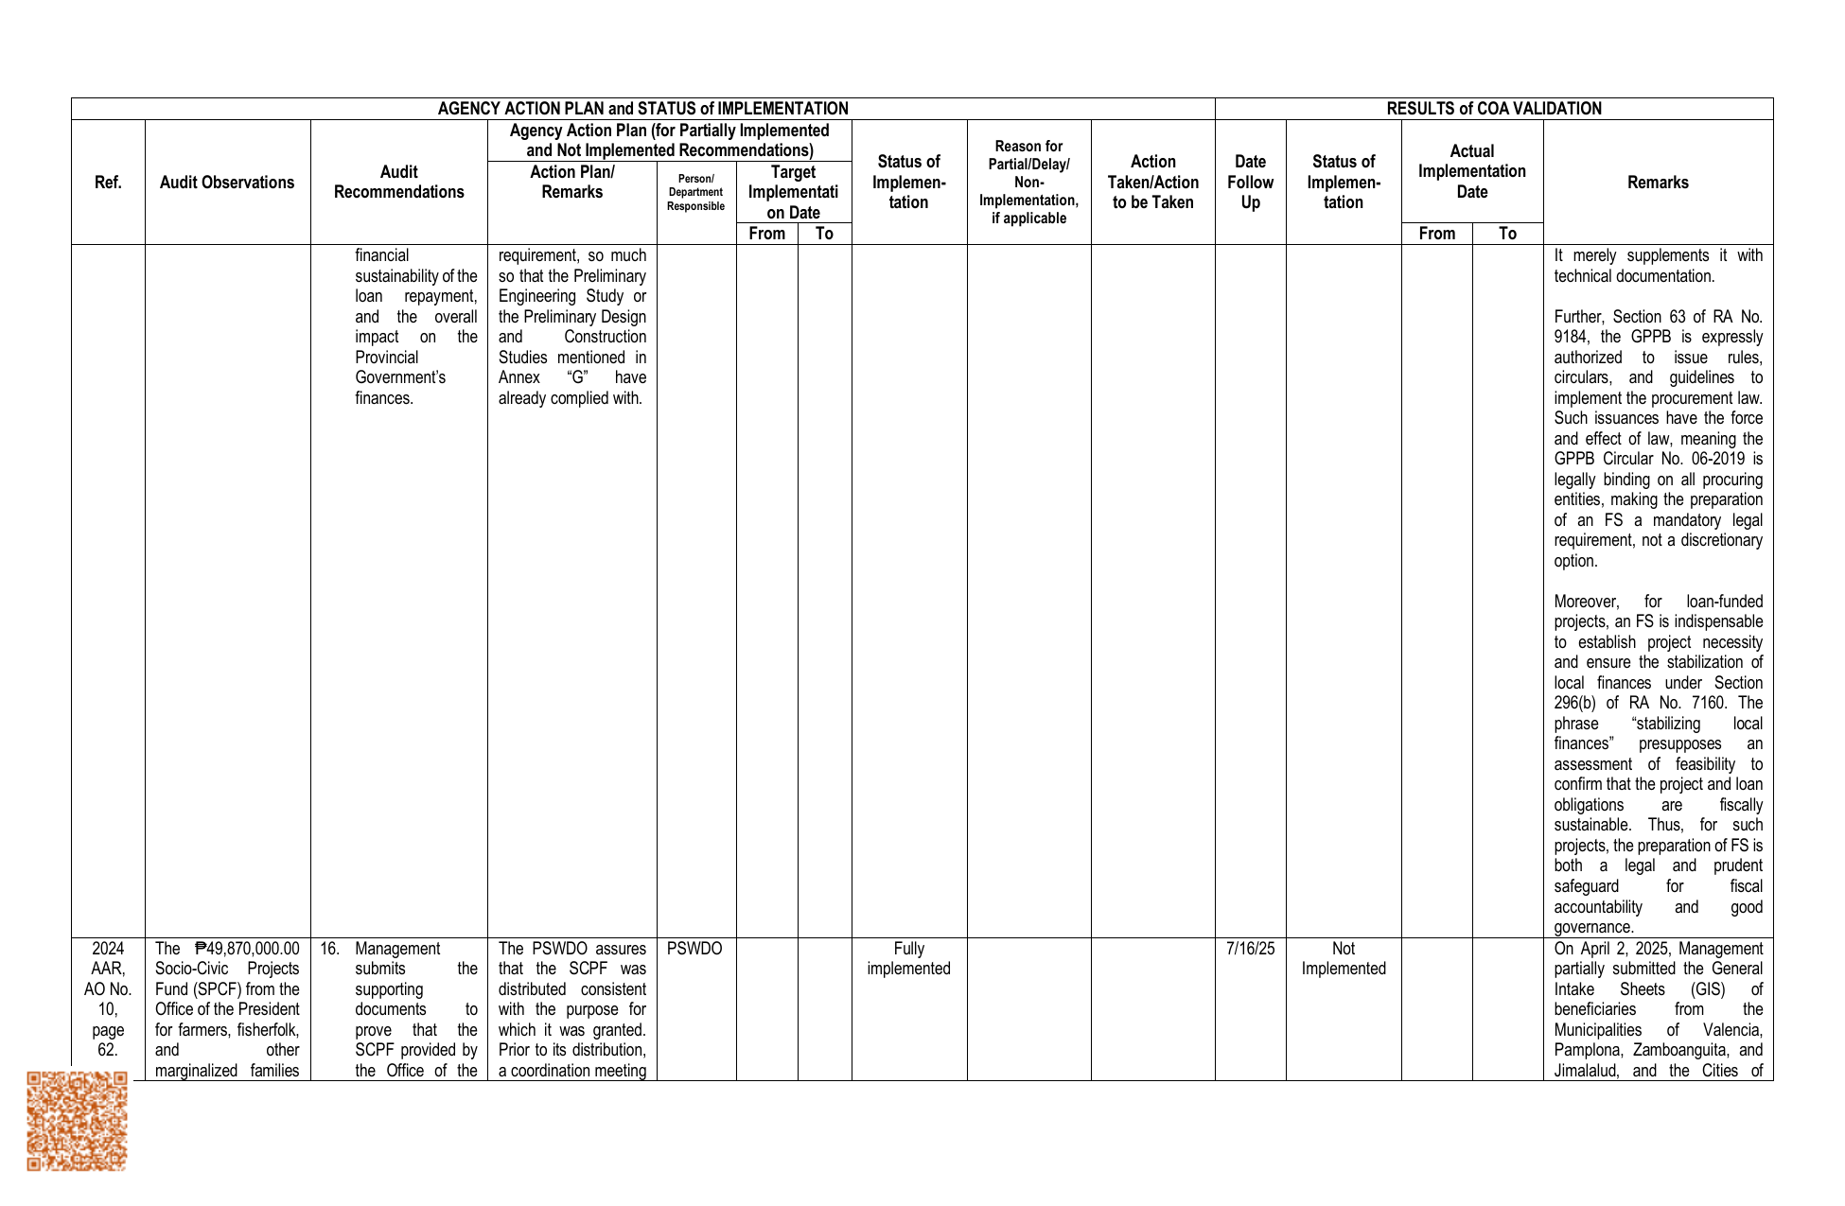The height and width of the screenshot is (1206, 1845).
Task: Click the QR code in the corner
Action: click(x=77, y=1121)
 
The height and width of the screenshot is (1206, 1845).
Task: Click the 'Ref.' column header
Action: click(x=108, y=183)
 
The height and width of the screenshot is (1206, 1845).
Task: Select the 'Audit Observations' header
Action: click(x=227, y=183)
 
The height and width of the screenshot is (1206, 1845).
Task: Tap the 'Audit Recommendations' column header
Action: click(x=398, y=183)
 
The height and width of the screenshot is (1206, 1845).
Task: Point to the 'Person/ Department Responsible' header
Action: click(x=695, y=192)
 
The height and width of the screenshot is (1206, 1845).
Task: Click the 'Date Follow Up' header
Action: click(x=1250, y=183)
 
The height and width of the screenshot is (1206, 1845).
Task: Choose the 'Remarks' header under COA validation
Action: click(x=1658, y=183)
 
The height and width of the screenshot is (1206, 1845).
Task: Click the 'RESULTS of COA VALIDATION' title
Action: click(x=1494, y=109)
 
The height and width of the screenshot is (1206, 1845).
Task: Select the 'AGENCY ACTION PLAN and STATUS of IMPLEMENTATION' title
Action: click(x=642, y=109)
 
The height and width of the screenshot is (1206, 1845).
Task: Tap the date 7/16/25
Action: click(x=1250, y=949)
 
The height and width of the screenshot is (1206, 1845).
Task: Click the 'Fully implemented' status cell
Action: click(x=908, y=958)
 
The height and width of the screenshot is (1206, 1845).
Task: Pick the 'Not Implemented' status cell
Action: click(x=1343, y=958)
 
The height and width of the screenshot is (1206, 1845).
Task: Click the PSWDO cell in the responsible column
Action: click(x=694, y=949)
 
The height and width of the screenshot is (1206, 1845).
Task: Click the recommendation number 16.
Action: click(x=328, y=949)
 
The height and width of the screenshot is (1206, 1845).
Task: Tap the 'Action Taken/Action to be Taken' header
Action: click(x=1152, y=183)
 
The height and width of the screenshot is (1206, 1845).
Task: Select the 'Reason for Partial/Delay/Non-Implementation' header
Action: click(x=1028, y=183)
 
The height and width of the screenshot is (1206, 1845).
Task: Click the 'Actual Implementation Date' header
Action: click(x=1471, y=171)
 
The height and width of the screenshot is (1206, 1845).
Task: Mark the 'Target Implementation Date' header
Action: click(x=793, y=192)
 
